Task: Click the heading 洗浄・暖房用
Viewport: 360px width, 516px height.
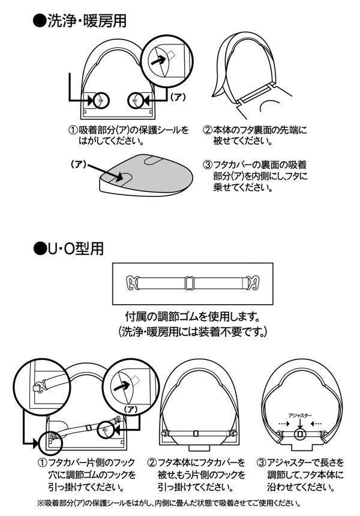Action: (87, 20)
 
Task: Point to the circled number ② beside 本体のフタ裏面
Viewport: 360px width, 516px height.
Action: (208, 130)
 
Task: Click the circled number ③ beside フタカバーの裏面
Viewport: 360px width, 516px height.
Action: (208, 164)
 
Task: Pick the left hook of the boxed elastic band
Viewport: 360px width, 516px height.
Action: (131, 281)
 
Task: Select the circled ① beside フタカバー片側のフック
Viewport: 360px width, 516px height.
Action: (42, 463)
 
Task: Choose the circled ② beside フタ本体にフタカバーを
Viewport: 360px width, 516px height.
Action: (152, 463)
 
